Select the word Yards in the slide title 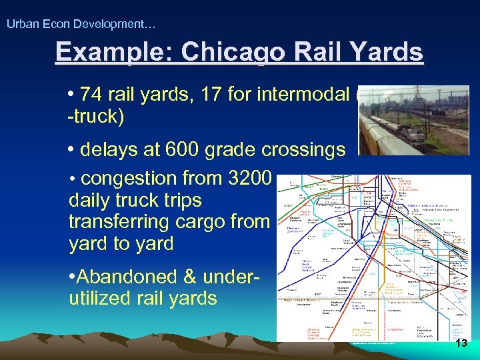(x=387, y=53)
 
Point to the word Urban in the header (x=20, y=25)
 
